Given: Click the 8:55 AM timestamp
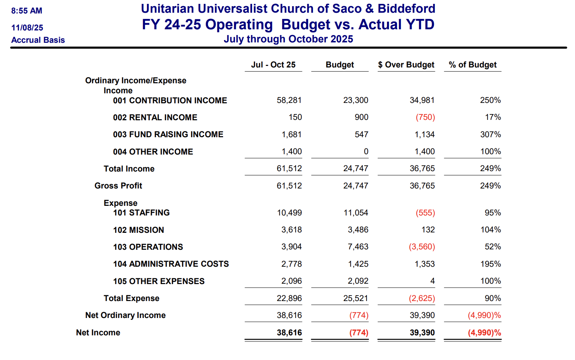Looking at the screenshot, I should click(27, 11).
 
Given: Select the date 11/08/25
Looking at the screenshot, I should click(27, 28).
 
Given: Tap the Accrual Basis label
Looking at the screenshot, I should click(38, 40).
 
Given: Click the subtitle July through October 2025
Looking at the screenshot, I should click(288, 39).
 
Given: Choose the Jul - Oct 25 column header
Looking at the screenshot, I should click(273, 65).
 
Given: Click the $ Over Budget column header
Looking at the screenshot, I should click(406, 65).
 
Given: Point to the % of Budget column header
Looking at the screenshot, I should click(472, 65).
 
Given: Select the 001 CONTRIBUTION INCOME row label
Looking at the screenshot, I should click(170, 101).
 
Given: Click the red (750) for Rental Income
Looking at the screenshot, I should click(425, 117).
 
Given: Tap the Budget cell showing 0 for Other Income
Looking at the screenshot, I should click(366, 151).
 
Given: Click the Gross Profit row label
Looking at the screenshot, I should click(118, 186).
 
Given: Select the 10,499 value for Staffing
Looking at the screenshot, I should click(289, 213).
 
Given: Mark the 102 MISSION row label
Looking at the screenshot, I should click(138, 230).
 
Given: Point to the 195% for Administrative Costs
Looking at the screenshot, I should click(490, 264).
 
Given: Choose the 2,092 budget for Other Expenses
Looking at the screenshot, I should click(358, 281).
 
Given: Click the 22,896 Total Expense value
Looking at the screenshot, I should click(289, 298).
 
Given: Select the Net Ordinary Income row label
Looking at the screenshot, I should click(125, 315).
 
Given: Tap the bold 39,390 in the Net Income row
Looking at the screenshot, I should click(422, 333).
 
